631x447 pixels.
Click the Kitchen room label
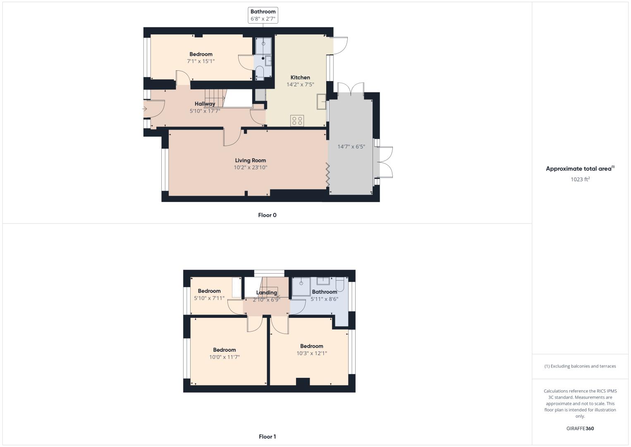coord(300,77)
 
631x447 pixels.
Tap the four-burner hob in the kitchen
coord(297,121)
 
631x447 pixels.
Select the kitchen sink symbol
coord(321,101)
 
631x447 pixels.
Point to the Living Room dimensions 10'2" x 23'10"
coord(251,168)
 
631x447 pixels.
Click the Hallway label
coord(205,104)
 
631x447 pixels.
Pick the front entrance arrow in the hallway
coord(145,109)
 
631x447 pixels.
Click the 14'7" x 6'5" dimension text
coord(351,147)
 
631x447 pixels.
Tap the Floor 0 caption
coord(267,215)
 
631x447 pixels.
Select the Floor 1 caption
coord(267,437)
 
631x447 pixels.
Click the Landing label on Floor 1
coord(266,293)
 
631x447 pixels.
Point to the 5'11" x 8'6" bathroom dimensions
coord(324,299)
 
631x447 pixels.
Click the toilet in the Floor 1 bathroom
coord(340,284)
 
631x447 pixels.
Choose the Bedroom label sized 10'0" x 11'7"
coord(224,350)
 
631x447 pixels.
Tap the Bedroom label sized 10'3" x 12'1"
coord(311,346)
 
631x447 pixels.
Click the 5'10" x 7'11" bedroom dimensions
coord(209,298)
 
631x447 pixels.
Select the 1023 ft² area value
coord(580,179)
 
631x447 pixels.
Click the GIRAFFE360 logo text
coord(580,428)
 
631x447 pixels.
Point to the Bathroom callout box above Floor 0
coord(263,15)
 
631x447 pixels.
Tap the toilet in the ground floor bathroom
coord(259,73)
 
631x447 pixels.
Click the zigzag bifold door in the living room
coord(327,174)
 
